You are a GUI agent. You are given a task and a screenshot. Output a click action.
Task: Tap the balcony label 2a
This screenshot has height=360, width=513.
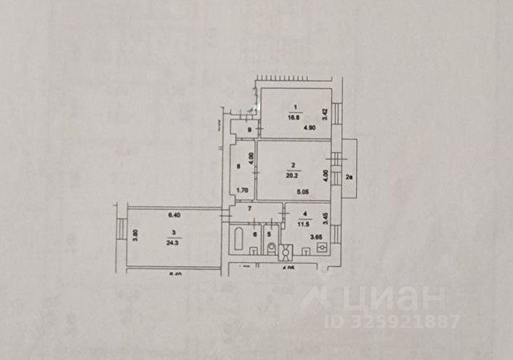coord(349,177)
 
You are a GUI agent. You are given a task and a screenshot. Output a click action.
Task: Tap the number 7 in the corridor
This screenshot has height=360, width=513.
coord(249,210)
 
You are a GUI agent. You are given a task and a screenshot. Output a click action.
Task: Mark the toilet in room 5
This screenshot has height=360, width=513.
coord(270,249)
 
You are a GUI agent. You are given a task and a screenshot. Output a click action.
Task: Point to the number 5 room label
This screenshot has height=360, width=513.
coord(269,233)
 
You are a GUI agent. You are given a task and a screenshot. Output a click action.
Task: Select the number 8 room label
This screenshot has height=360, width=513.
coord(238,166)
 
